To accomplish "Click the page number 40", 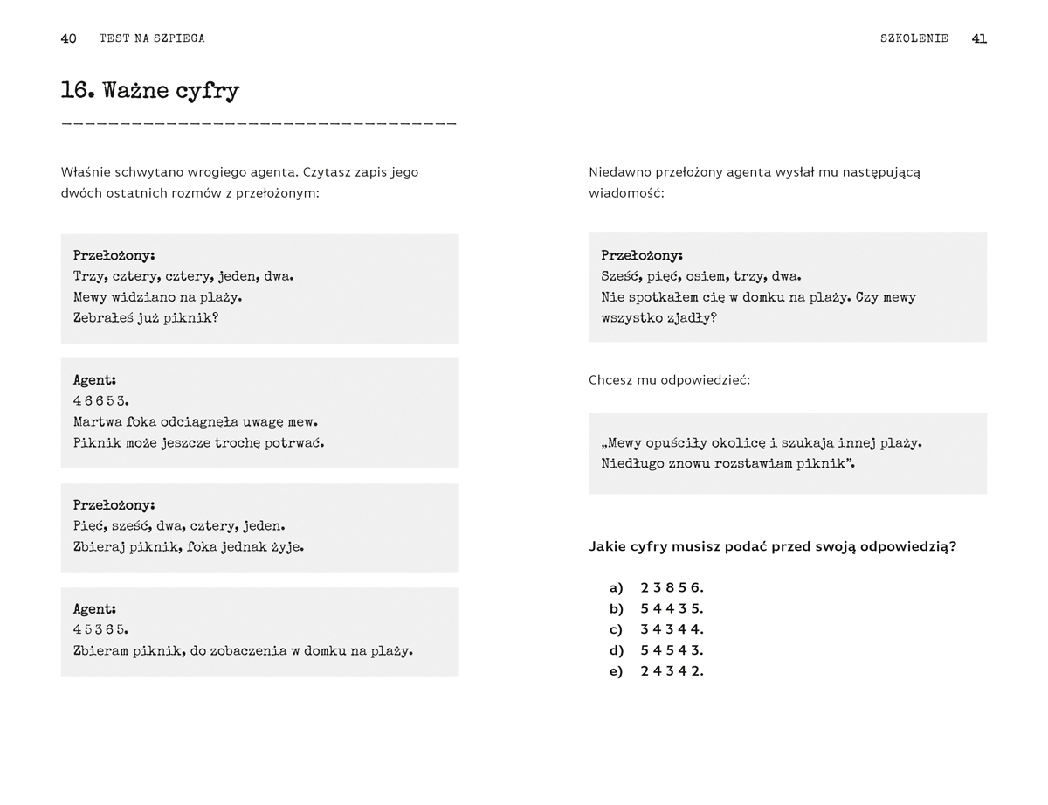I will click(68, 38).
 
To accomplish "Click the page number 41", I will click(979, 38).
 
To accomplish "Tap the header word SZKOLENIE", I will click(914, 38).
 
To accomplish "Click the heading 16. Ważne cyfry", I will click(150, 91).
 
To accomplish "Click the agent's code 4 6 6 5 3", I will click(101, 401).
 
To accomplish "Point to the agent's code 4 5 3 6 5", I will click(101, 629).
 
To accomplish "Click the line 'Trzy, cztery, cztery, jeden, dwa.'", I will click(183, 276).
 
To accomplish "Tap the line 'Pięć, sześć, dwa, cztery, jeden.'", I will click(179, 526).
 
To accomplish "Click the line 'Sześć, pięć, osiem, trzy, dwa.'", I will click(701, 276).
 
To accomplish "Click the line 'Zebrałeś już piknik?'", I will click(146, 318).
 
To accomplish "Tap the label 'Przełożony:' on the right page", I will click(642, 255).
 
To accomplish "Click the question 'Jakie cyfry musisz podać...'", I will click(772, 546).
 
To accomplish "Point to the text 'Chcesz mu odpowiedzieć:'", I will click(669, 380).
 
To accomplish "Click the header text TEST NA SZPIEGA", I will click(152, 38).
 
